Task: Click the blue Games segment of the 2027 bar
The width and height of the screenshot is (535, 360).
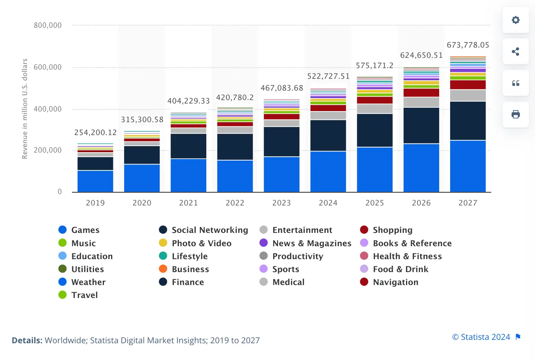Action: click(468, 166)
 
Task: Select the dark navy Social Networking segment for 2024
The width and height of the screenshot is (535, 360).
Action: click(328, 135)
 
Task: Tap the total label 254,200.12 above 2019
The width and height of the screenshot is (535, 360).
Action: click(96, 132)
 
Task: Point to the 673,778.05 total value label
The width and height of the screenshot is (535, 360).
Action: click(468, 45)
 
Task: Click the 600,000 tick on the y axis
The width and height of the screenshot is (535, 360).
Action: click(48, 67)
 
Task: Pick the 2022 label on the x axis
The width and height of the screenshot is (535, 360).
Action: click(235, 203)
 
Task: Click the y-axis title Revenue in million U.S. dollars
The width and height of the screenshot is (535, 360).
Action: click(25, 109)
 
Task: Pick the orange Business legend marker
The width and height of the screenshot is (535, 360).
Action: click(163, 269)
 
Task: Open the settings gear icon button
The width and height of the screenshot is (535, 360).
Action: click(516, 20)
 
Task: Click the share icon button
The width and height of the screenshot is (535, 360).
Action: click(516, 52)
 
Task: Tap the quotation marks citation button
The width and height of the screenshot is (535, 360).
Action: click(516, 83)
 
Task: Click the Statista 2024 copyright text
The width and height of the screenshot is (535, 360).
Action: click(481, 337)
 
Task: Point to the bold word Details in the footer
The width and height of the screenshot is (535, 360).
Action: click(27, 340)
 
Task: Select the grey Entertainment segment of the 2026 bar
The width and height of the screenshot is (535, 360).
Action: click(421, 102)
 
